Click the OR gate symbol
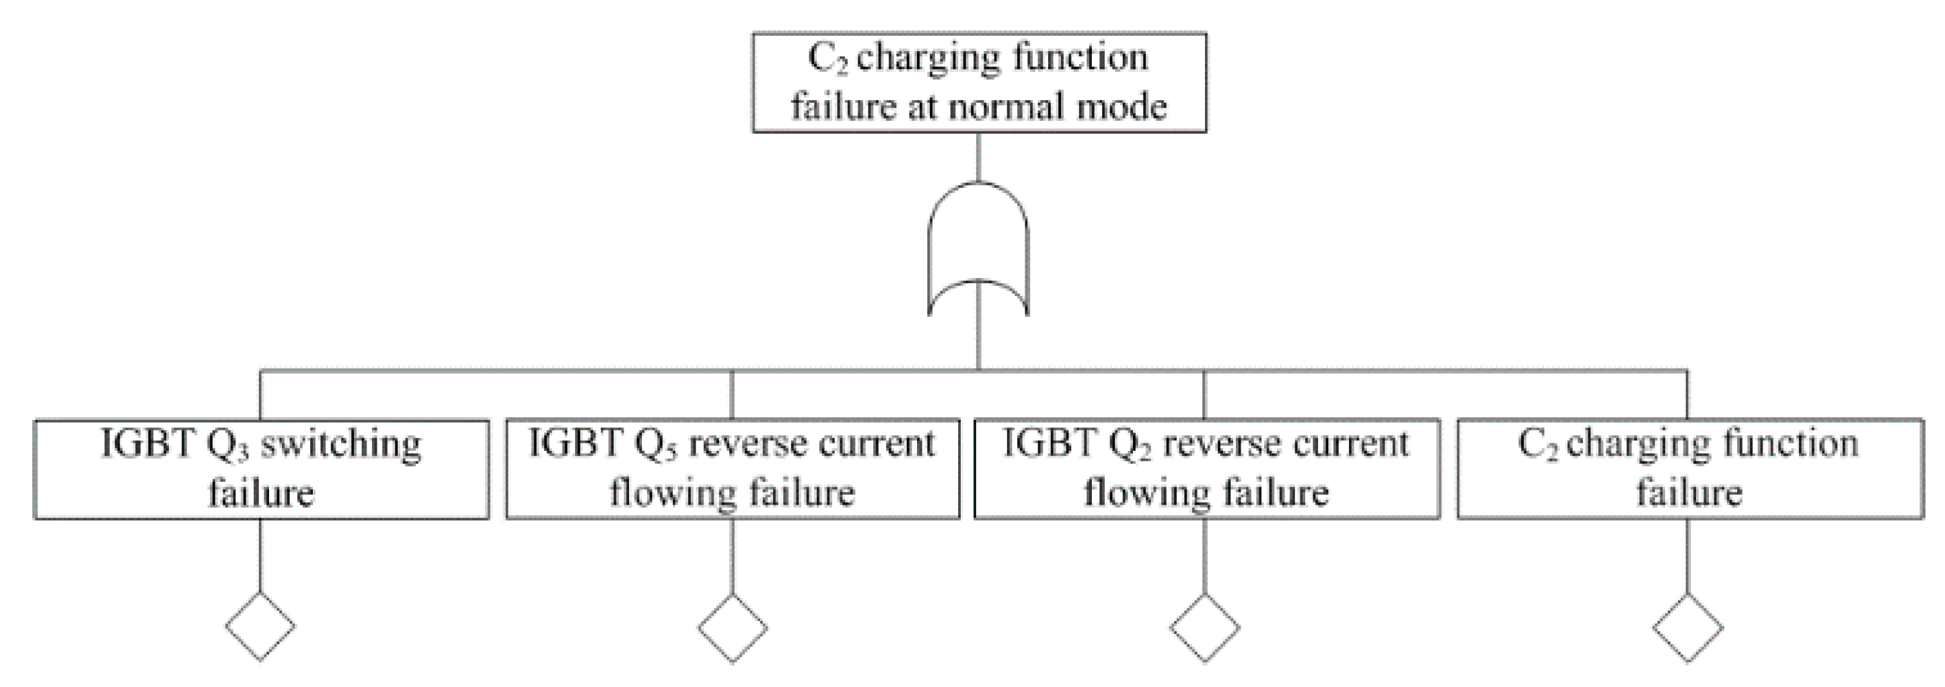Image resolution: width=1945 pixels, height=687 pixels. coord(978,249)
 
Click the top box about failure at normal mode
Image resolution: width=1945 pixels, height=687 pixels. coord(980,82)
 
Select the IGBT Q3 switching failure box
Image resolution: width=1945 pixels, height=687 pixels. coord(261,469)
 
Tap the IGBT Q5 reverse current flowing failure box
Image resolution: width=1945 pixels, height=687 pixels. coord(733,469)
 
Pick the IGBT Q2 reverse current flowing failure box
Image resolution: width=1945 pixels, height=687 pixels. coord(1206,469)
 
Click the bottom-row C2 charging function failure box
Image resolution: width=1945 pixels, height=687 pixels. coord(1690,469)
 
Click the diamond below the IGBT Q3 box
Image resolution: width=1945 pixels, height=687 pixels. coord(260,626)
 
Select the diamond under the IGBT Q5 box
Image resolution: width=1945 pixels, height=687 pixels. coord(733,627)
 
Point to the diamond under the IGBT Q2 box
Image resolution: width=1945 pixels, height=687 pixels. coord(1205,627)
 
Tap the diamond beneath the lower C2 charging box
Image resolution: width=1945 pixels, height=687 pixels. coord(1688,627)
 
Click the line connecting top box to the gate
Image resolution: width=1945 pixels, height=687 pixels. coord(978,156)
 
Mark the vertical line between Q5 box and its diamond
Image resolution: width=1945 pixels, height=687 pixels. coord(733,556)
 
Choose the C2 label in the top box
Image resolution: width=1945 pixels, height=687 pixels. coord(828,59)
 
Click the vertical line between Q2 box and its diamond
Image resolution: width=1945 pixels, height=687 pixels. coord(1205,556)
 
